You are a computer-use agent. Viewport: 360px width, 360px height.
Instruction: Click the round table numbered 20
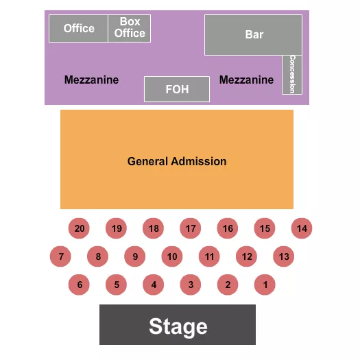80,228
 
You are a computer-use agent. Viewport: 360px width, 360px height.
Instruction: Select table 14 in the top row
302,228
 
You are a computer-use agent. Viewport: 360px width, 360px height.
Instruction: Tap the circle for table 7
61,257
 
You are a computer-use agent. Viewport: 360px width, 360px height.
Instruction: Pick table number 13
283,257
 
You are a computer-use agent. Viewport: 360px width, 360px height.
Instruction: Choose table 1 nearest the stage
265,284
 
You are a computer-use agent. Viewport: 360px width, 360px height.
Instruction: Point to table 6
80,284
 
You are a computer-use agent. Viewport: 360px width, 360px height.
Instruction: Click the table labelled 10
172,257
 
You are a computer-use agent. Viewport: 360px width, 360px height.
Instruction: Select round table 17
191,228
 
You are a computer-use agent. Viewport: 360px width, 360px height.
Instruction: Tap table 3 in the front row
191,284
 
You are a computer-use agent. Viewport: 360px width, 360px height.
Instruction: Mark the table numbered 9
135,257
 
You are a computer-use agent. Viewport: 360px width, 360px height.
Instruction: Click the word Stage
178,326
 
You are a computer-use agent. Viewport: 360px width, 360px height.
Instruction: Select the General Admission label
177,162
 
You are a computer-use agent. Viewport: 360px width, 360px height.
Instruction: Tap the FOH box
177,89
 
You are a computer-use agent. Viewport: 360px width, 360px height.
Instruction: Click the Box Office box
130,28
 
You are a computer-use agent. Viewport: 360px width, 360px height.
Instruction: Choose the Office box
79,28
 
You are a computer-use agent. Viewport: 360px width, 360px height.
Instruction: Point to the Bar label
254,34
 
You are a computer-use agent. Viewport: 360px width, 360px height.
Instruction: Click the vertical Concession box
293,74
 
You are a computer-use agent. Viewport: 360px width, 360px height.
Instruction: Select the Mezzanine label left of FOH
91,80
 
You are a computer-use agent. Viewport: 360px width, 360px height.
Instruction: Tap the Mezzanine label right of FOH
246,80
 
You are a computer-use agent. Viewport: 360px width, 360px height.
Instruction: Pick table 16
228,228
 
